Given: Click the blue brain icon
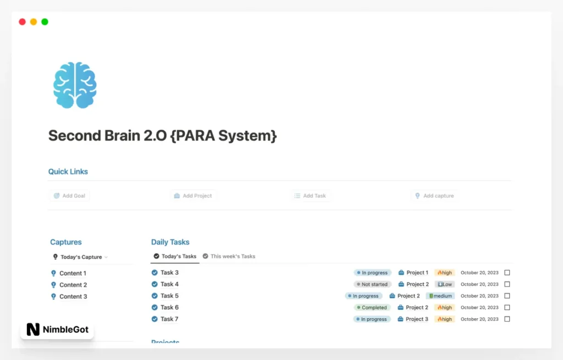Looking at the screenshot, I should [75, 85].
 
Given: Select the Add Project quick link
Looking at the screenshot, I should [192, 196].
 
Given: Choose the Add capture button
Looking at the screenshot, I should [434, 196].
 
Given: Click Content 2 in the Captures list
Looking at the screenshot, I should [73, 285].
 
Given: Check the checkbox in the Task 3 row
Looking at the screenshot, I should [507, 273].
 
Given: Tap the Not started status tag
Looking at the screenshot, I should [372, 284].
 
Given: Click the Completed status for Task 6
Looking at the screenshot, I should [372, 307].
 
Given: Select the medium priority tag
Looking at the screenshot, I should [440, 296].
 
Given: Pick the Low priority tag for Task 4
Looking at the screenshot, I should [444, 284].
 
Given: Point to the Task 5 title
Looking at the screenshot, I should [169, 296].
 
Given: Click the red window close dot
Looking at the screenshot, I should [22, 22].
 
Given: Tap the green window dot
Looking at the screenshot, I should [45, 22].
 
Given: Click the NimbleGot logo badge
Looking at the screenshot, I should [57, 330].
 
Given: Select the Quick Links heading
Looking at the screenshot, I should [68, 171].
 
